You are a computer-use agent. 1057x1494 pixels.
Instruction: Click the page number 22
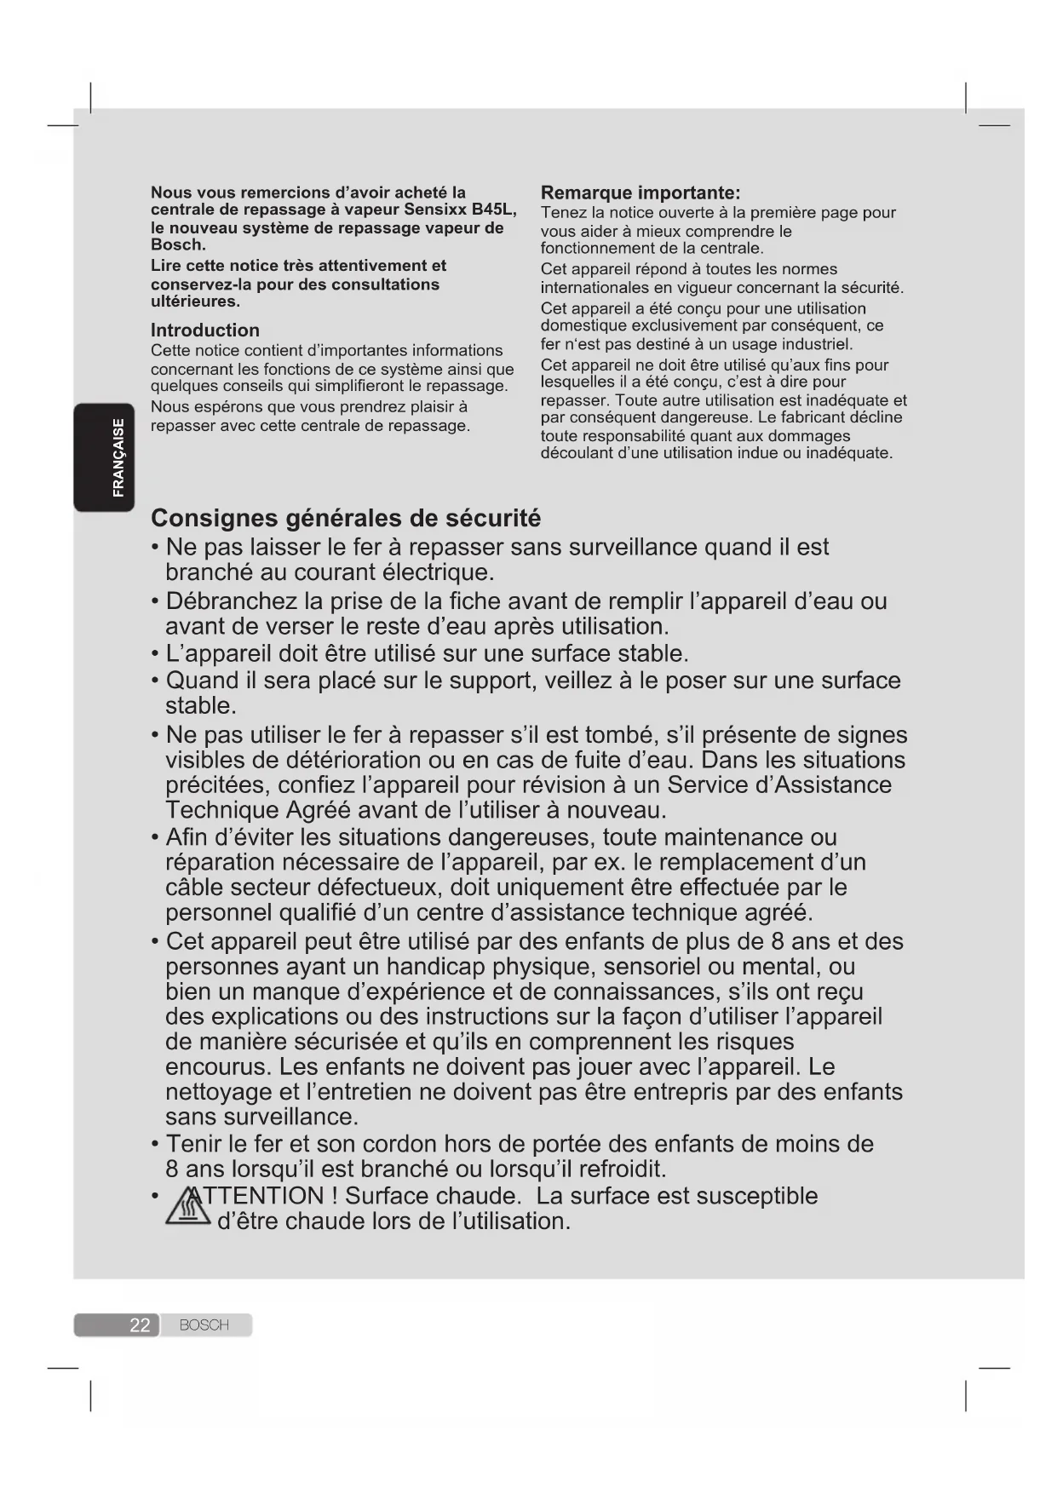140,1325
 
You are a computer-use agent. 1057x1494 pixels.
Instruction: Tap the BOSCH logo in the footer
204,1325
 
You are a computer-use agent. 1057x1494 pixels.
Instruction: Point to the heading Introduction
205,330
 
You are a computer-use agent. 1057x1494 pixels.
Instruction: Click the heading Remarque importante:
641,192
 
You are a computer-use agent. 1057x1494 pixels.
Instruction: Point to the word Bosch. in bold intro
178,245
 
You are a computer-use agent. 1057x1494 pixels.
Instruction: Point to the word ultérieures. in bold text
195,302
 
